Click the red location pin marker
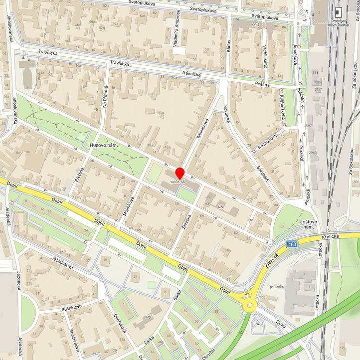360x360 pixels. (x=180, y=174)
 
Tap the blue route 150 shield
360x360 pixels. (x=293, y=243)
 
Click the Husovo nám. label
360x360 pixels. (x=103, y=145)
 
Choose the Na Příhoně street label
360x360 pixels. (x=105, y=95)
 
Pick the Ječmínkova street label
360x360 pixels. (x=62, y=259)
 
